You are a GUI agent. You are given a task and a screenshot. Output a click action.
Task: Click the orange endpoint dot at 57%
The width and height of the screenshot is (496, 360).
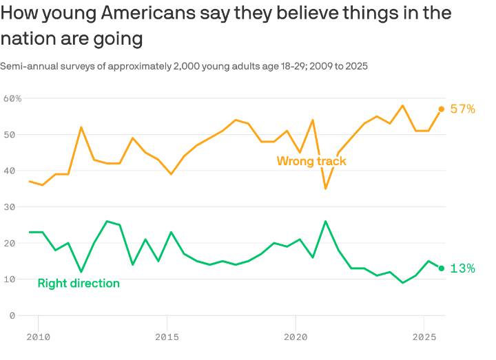click(442, 109)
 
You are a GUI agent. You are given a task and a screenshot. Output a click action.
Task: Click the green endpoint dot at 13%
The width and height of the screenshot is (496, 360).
click(442, 268)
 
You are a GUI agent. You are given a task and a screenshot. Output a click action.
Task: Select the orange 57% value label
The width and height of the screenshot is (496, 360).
click(462, 109)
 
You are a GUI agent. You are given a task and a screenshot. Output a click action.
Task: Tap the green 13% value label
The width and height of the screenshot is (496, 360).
click(462, 268)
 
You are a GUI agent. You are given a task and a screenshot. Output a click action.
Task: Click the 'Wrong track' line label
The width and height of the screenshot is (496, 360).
click(311, 161)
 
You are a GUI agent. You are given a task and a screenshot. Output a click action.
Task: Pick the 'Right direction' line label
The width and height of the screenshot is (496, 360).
click(79, 283)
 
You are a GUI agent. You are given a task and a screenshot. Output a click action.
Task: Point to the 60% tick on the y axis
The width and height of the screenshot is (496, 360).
click(12, 98)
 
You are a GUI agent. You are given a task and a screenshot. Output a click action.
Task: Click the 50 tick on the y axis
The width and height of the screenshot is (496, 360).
click(9, 134)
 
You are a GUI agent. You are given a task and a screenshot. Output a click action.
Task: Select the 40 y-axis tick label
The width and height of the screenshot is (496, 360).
click(9, 171)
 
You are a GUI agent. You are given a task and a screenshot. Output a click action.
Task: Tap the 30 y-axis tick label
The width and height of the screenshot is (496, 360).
click(9, 207)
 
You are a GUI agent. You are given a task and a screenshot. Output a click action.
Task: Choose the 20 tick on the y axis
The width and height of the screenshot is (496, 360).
click(9, 243)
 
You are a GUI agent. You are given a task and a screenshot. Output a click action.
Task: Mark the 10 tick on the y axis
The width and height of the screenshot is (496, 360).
click(9, 279)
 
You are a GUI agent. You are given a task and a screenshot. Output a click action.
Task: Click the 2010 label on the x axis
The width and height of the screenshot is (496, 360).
click(38, 337)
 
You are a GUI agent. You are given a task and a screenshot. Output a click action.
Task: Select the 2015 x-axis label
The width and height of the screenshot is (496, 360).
click(167, 337)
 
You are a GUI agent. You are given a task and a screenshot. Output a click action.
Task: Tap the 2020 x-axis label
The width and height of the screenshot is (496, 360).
click(296, 337)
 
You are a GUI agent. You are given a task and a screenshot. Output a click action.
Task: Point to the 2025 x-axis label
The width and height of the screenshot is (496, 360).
click(424, 337)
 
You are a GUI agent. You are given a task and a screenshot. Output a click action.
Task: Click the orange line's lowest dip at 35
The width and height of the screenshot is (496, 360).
click(325, 188)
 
